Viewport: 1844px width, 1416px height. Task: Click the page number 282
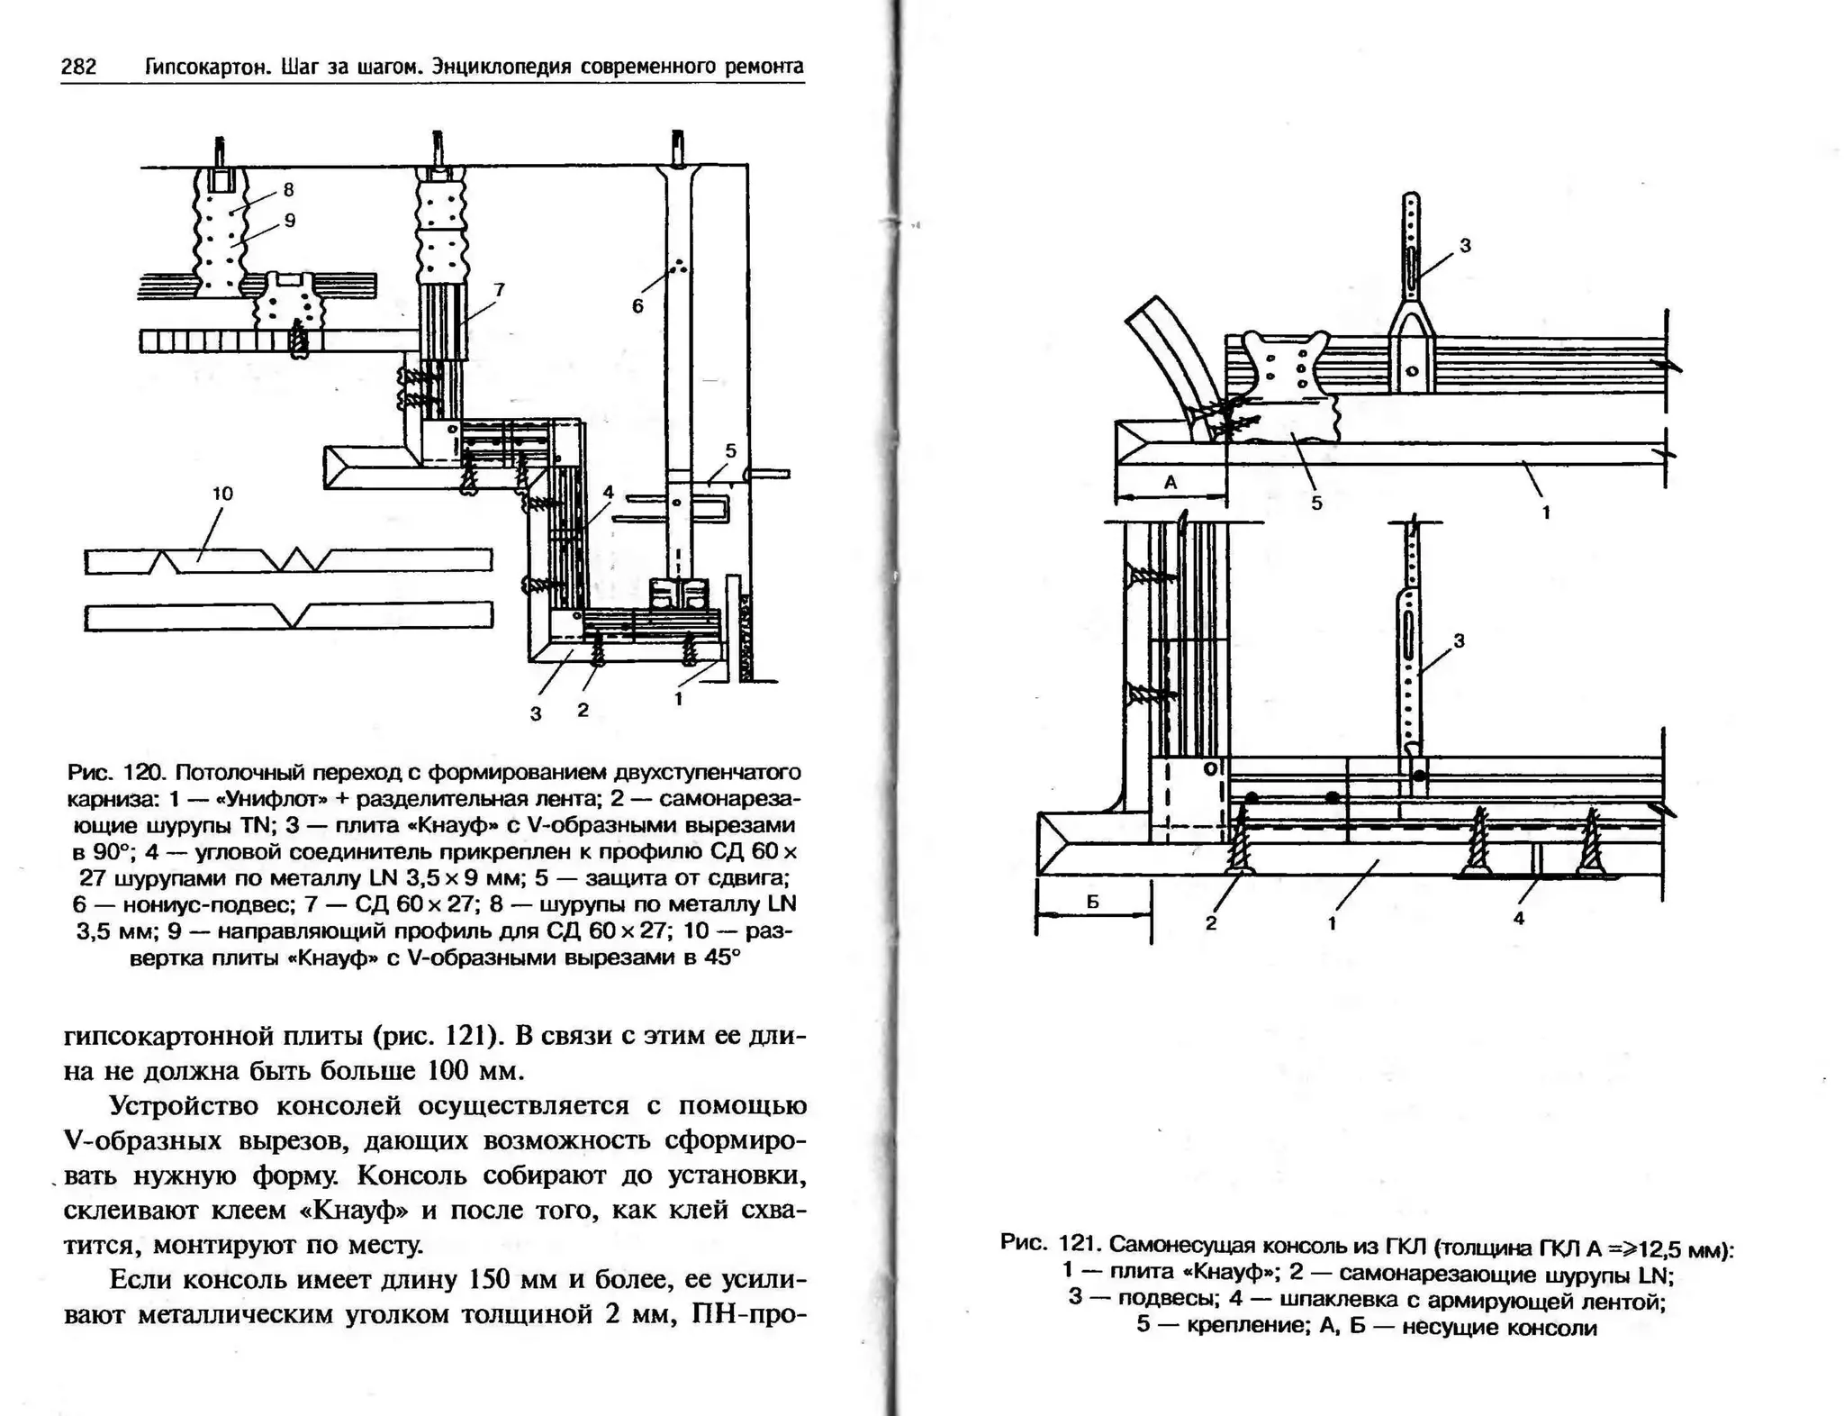point(78,67)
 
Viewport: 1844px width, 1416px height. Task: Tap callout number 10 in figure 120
point(222,494)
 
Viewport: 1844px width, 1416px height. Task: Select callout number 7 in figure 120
point(499,289)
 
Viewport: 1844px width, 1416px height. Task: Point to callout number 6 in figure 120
point(637,306)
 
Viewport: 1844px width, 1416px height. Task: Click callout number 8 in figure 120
point(288,190)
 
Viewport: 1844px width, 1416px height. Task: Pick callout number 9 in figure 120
point(289,221)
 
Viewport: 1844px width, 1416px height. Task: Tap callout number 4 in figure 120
point(608,493)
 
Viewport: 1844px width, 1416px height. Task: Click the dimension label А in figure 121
point(1171,483)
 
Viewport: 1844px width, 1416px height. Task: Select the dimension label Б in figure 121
point(1092,902)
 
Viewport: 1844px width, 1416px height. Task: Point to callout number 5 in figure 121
point(1316,504)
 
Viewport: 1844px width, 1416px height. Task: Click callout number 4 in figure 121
point(1519,919)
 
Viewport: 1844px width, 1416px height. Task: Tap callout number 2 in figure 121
point(1211,923)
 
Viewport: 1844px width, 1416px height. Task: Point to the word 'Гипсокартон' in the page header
point(208,67)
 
